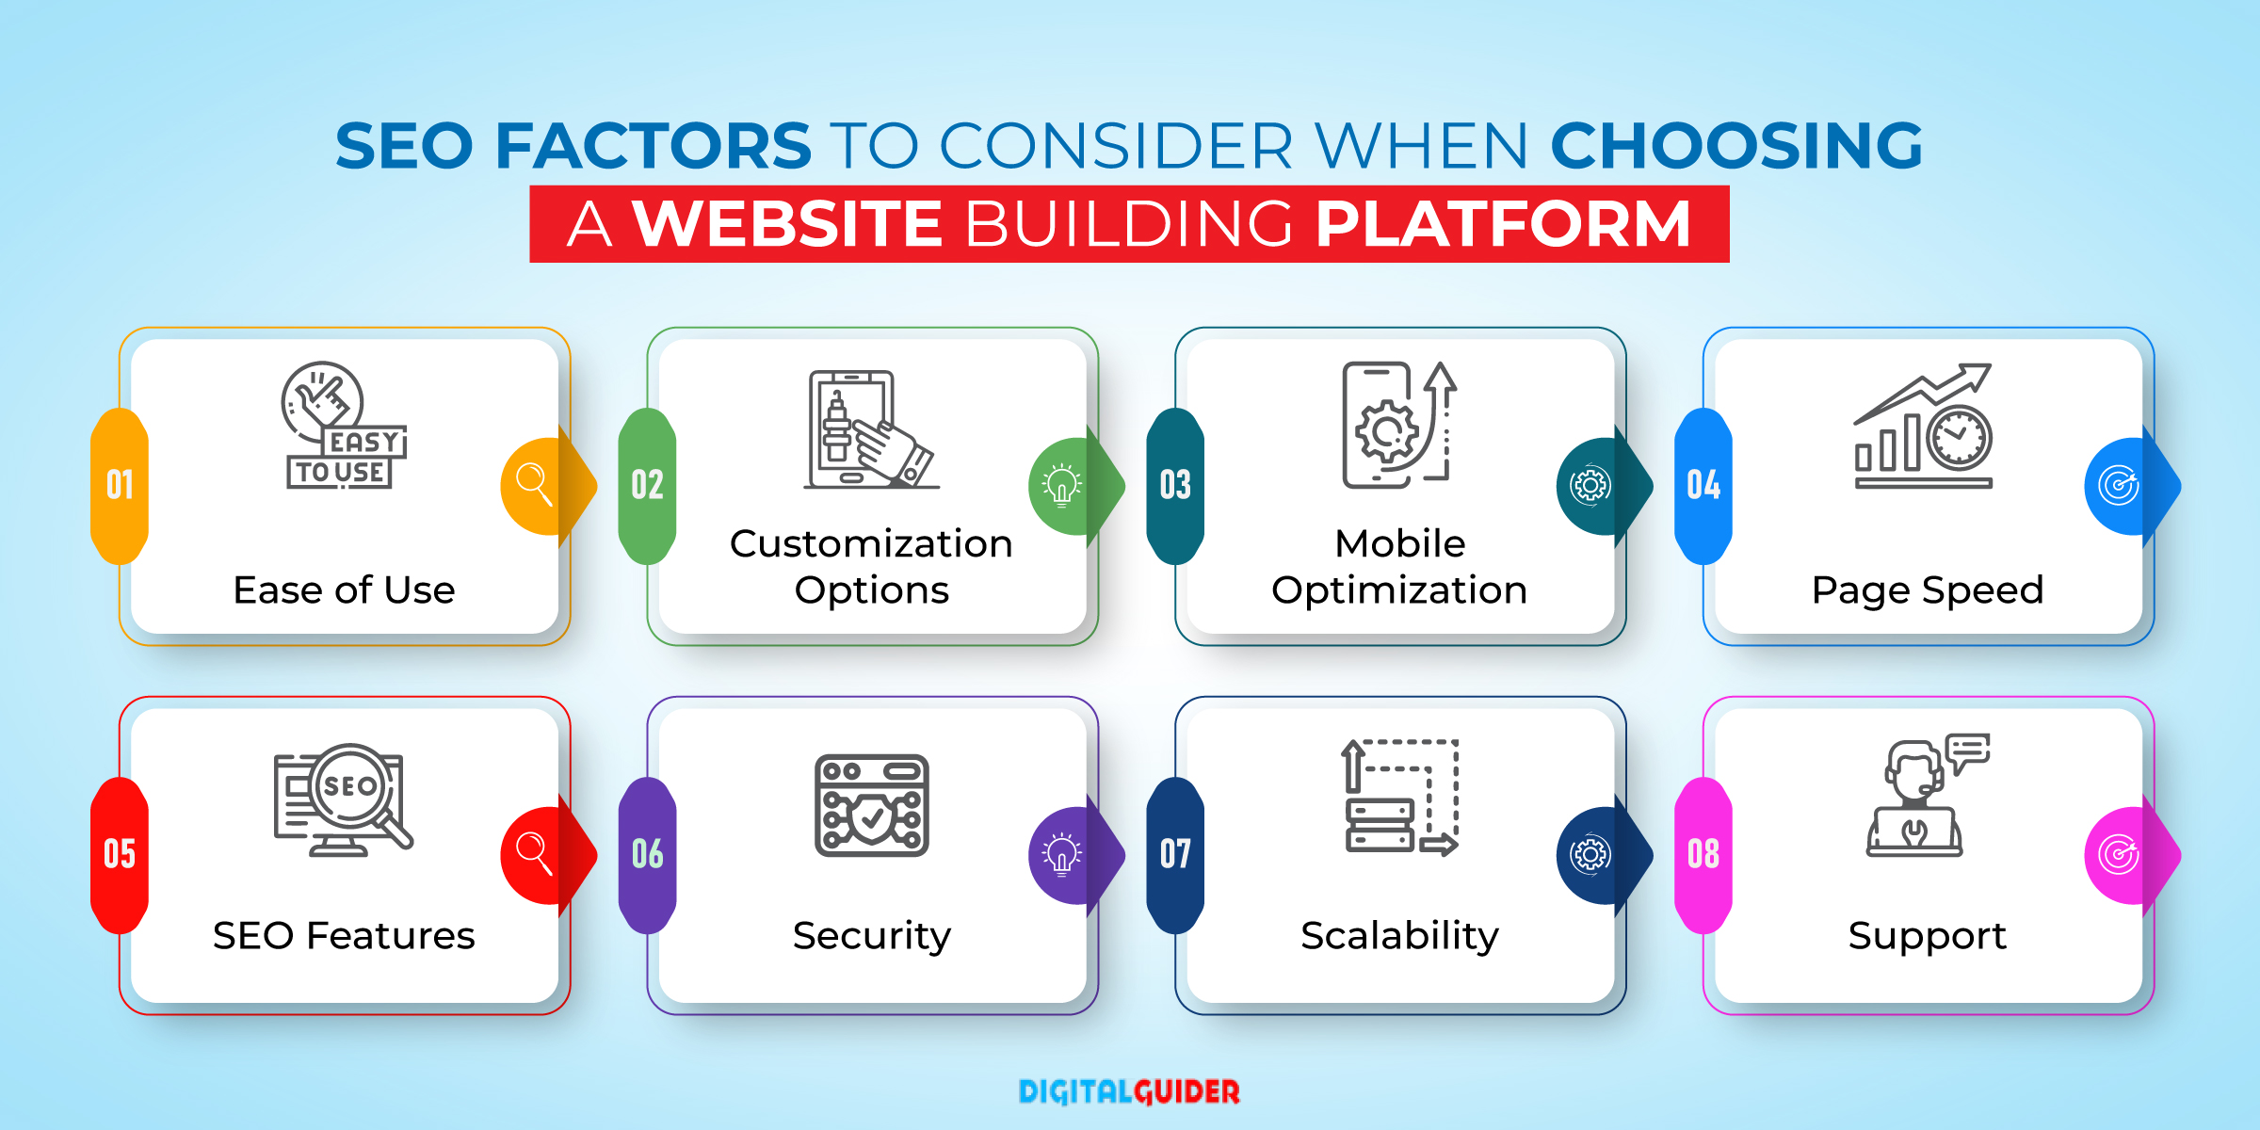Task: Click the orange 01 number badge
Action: [120, 486]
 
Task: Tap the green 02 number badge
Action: [648, 486]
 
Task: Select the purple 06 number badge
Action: [648, 855]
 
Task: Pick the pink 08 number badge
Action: [1703, 855]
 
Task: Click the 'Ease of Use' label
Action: [344, 590]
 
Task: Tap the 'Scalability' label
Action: [1399, 936]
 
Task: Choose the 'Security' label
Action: [872, 936]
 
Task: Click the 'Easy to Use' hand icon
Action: [344, 425]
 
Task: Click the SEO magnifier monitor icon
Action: [344, 799]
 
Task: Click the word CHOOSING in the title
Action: [1736, 146]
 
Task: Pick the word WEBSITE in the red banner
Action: [787, 224]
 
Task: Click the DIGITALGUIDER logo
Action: [1129, 1091]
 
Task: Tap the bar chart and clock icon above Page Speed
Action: [1924, 426]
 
